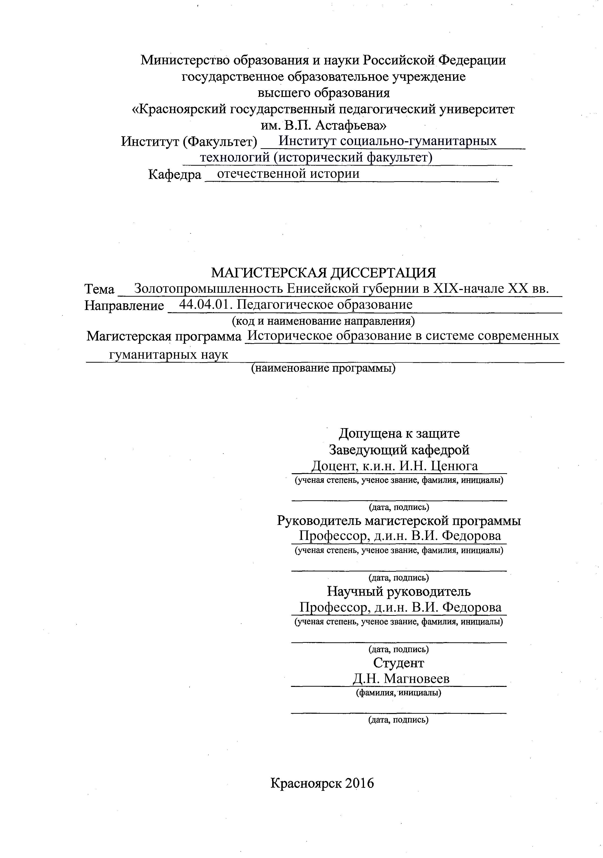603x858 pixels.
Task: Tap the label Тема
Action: point(99,289)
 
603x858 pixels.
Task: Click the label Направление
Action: point(124,305)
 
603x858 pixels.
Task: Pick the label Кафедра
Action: point(175,174)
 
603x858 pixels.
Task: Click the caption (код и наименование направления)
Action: point(323,321)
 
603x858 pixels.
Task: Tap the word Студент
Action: point(399,663)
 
